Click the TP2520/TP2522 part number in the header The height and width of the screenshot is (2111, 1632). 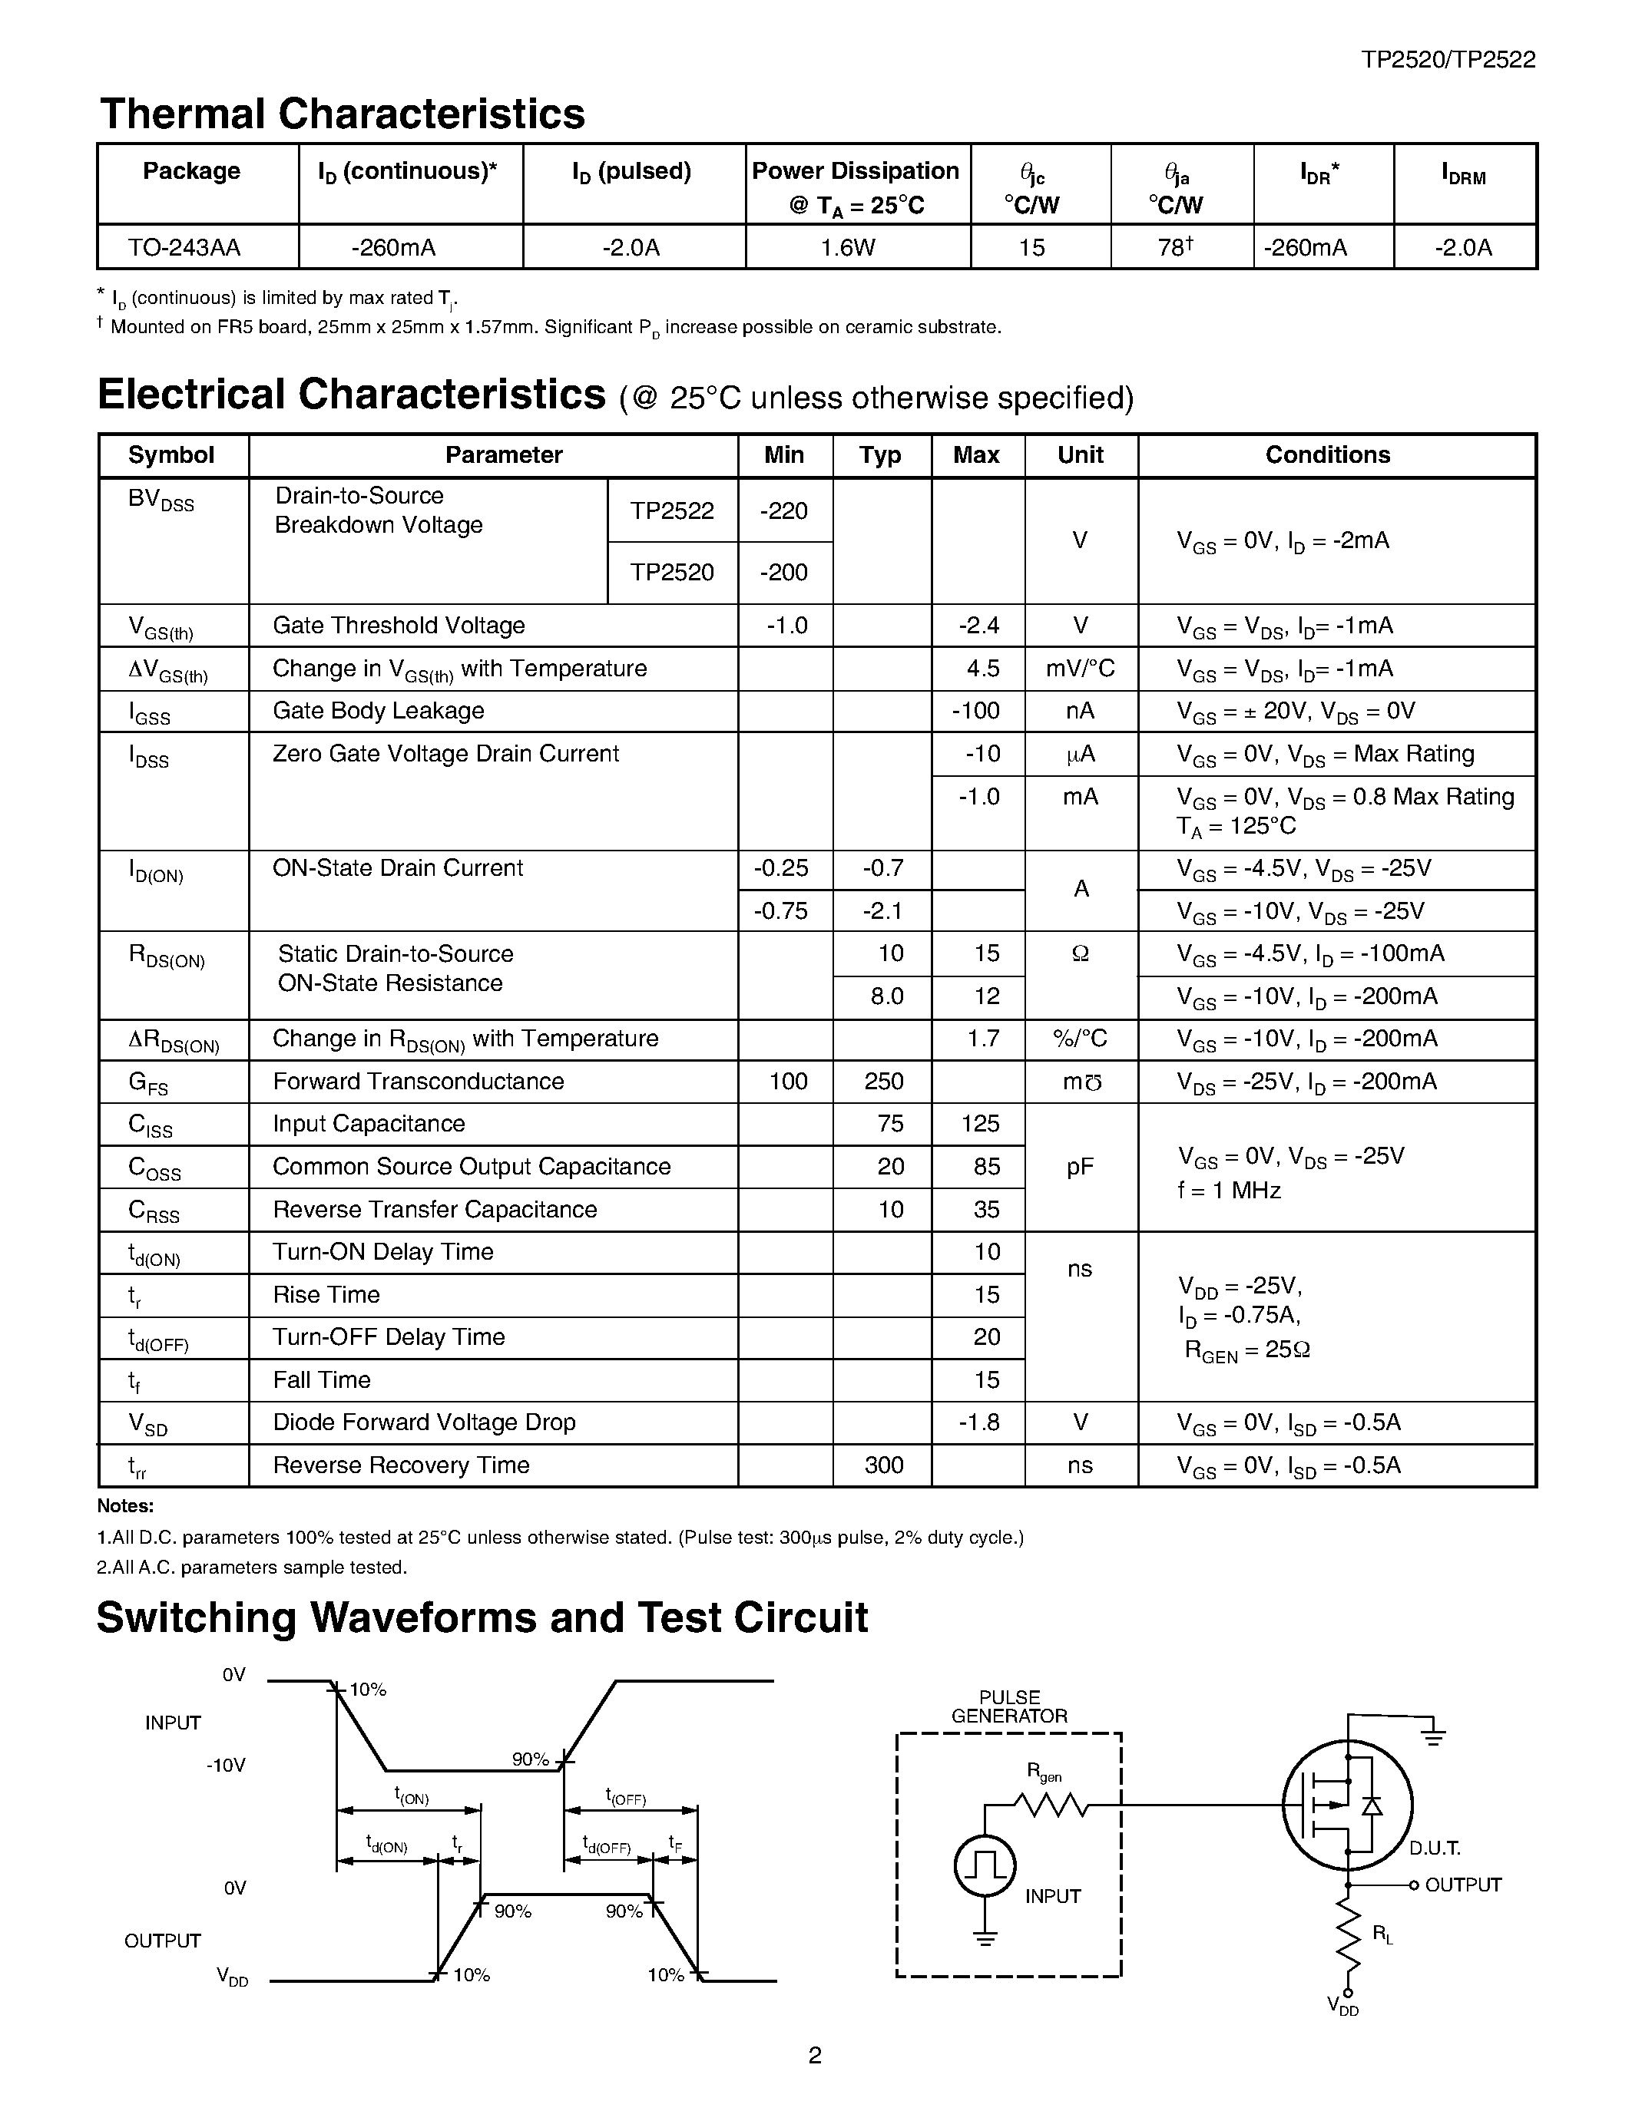click(x=1448, y=60)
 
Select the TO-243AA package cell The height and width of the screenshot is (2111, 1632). click(x=184, y=247)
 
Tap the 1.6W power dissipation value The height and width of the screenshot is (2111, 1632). click(x=847, y=247)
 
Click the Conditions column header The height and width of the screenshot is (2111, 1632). click(x=1326, y=455)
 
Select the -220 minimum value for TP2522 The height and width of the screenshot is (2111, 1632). click(x=783, y=510)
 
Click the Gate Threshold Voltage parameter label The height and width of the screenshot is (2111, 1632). click(x=399, y=626)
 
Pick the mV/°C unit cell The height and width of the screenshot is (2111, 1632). click(x=1080, y=669)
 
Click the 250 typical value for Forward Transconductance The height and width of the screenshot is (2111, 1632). click(x=882, y=1081)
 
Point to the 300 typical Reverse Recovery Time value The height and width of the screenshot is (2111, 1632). click(x=882, y=1465)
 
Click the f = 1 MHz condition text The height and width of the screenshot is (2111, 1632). click(x=1229, y=1191)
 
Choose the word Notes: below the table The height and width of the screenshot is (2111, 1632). click(x=126, y=1506)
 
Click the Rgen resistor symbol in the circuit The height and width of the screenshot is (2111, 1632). click(x=1051, y=1804)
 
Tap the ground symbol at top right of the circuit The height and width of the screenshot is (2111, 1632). click(x=1433, y=1736)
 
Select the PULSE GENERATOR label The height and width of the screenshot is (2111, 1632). click(x=1009, y=1707)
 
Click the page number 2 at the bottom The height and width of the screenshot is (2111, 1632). click(x=814, y=2055)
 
